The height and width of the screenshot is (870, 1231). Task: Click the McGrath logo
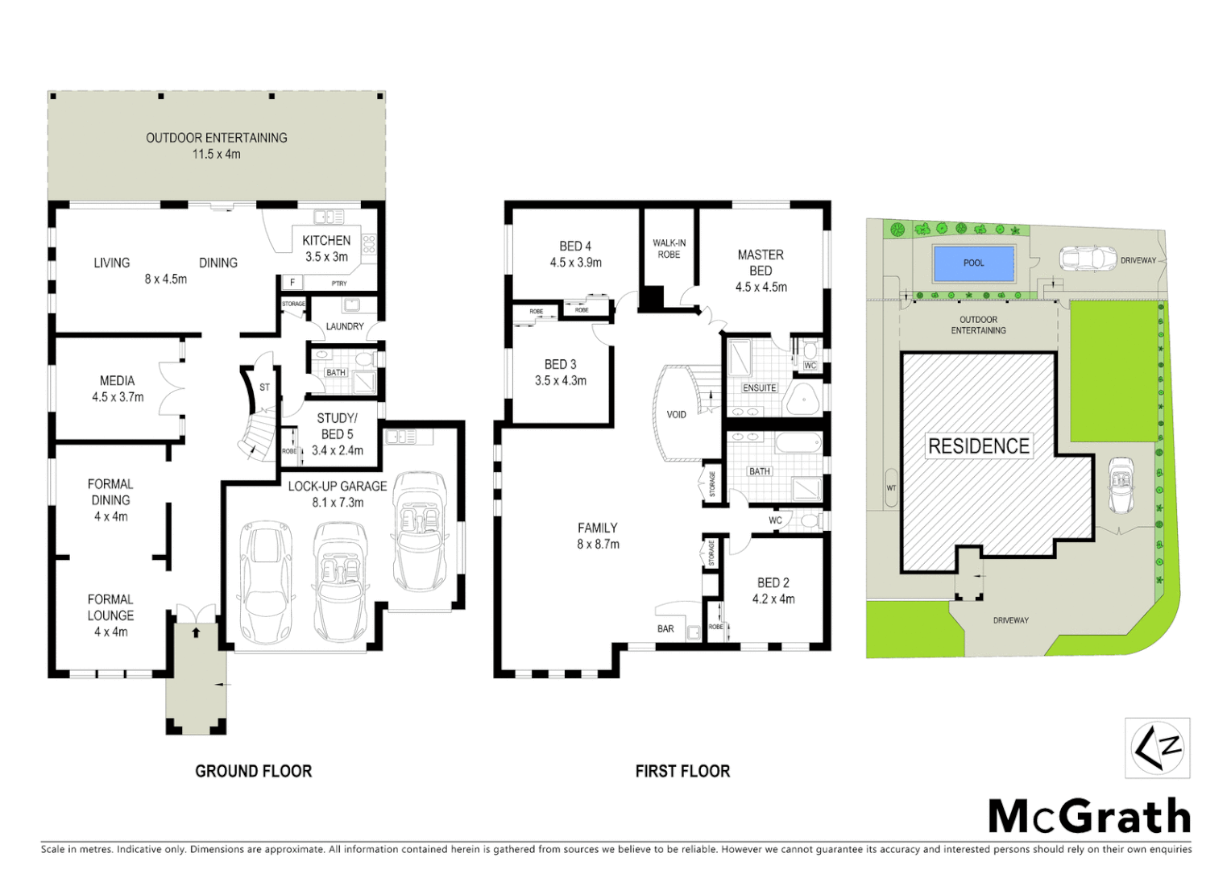1089,817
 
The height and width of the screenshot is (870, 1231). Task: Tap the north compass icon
1157,748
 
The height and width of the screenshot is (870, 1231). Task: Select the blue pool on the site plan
973,263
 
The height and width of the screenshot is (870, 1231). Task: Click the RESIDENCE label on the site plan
978,446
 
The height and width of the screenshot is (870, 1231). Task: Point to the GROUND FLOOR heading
253,771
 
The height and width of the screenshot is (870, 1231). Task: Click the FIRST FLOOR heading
682,771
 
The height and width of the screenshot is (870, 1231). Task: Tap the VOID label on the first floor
676,415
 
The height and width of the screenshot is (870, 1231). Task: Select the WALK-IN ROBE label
669,249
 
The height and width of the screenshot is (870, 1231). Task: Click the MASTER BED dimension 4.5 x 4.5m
761,288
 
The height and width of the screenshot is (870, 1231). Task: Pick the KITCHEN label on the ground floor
326,240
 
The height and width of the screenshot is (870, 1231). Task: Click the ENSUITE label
759,388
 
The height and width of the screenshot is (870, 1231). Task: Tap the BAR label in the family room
665,628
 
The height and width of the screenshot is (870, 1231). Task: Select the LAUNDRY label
345,326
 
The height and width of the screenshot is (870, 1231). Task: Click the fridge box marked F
292,283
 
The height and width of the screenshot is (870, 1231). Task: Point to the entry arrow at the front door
196,633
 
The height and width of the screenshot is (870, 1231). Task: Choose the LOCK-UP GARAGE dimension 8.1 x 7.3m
338,503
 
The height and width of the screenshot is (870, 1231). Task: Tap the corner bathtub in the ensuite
802,398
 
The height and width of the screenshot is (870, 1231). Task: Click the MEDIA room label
118,380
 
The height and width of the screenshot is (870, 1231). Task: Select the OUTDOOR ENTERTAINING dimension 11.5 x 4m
216,154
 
